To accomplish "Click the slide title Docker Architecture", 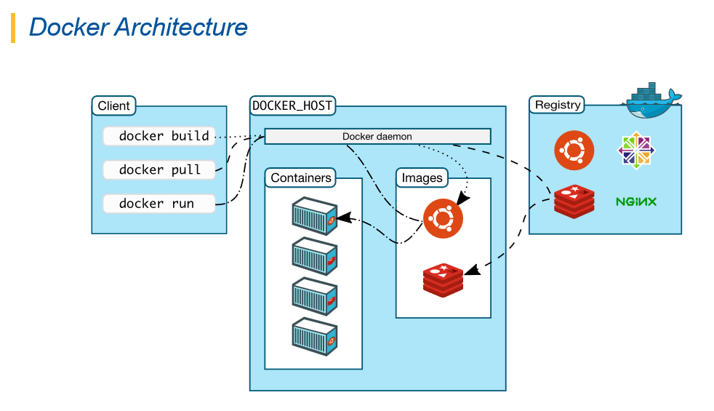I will point(138,27).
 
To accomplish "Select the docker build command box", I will point(159,136).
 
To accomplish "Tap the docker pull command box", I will point(159,169).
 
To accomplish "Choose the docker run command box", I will point(159,203).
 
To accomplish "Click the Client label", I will point(113,105).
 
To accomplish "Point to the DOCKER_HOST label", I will point(292,105).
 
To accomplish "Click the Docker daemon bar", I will point(377,136).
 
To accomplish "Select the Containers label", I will point(301,177).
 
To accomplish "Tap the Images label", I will point(422,177).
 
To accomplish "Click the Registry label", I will point(558,105).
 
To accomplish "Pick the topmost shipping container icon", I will point(315,215).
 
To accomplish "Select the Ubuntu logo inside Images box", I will point(443,218).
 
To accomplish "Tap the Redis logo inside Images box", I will point(443,281).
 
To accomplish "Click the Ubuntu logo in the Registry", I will point(574,150).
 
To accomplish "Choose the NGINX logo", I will point(636,201).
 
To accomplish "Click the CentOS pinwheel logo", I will point(635,150).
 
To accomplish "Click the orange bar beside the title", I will point(13,28).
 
